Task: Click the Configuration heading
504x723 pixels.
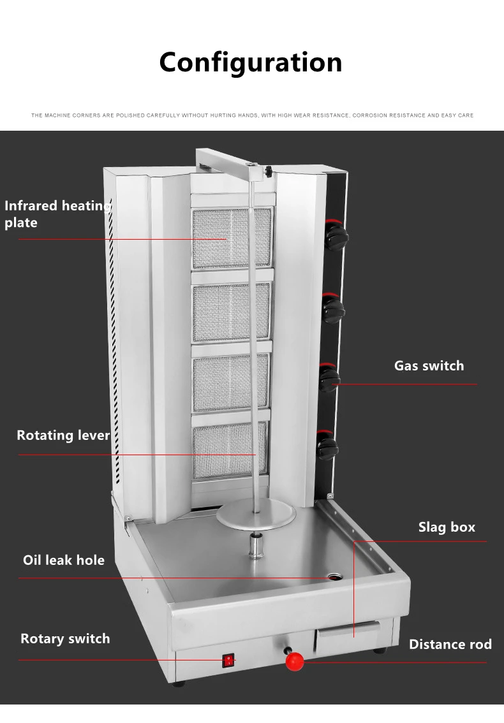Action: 251,62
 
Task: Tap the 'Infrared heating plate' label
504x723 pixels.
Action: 56,214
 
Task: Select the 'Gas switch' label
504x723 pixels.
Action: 429,366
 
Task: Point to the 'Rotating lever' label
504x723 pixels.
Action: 63,435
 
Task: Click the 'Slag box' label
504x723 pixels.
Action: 447,527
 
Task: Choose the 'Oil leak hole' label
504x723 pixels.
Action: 64,560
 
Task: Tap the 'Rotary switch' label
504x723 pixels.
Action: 65,639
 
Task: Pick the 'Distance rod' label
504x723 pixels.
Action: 450,645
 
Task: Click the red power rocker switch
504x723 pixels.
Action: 228,661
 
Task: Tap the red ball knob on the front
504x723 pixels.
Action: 295,661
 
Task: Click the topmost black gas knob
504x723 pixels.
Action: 335,236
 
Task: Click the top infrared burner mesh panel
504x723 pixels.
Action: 232,237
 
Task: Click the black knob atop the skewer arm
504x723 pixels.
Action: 269,171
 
